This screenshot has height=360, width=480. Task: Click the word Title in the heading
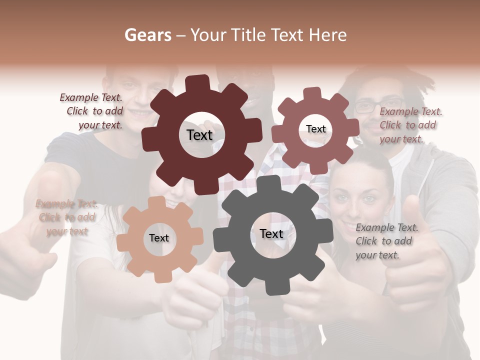tap(247, 35)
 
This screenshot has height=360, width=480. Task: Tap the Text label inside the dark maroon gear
tap(199, 135)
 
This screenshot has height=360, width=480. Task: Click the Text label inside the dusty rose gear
tap(315, 129)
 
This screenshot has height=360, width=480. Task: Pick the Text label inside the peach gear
tap(159, 238)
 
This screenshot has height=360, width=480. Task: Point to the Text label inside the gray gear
tap(271, 233)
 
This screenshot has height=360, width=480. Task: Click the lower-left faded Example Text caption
tap(67, 217)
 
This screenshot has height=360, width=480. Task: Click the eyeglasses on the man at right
tap(371, 106)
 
